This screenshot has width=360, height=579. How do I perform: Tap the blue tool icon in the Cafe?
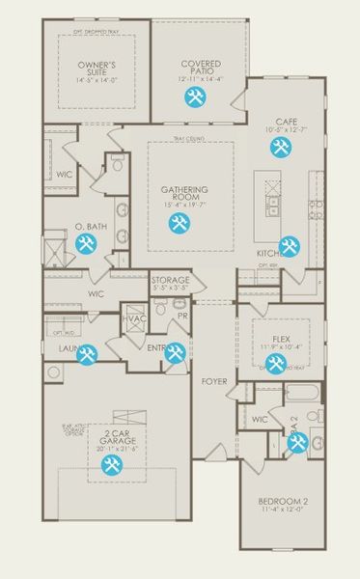[281, 148]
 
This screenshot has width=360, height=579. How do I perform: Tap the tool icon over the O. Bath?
[85, 243]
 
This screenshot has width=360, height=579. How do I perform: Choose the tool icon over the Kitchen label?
[288, 246]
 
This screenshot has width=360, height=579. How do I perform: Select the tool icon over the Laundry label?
[87, 354]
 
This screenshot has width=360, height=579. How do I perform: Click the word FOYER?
[214, 381]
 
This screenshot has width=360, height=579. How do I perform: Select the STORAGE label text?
[171, 280]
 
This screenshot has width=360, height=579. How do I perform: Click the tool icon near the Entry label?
[175, 353]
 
